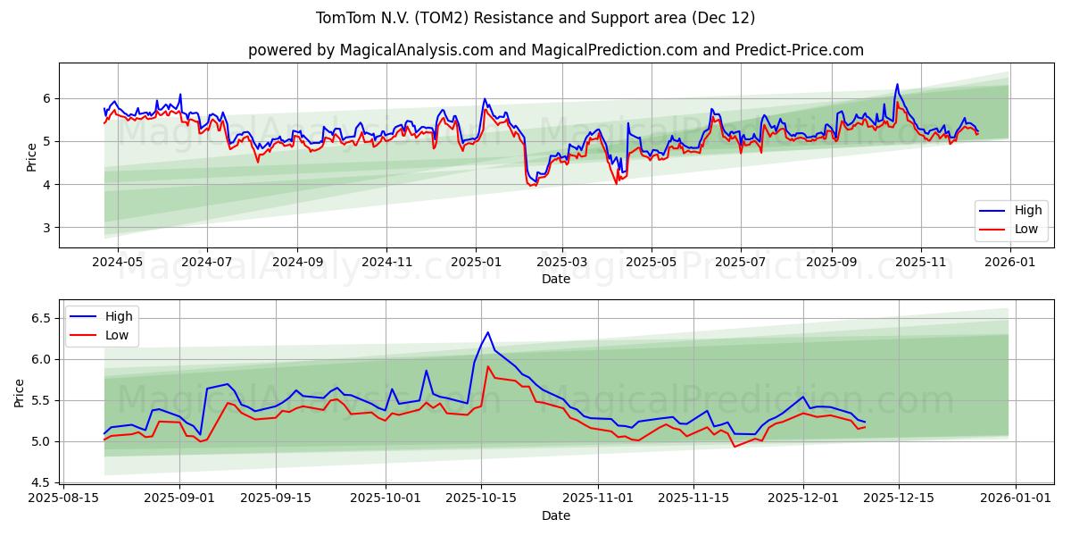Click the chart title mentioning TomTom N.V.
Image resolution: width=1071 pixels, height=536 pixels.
click(x=535, y=18)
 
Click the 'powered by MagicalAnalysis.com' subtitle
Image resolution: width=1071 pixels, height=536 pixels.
click(x=555, y=50)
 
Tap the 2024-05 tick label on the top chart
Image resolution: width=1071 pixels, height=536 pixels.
click(x=117, y=262)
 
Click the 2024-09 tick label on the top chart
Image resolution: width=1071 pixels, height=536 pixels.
click(x=296, y=262)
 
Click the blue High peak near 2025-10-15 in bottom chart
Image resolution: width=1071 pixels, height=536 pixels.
click(x=487, y=332)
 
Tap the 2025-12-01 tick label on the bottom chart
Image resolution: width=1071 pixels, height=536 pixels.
click(x=802, y=498)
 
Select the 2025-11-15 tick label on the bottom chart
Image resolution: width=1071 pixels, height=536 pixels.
click(x=697, y=498)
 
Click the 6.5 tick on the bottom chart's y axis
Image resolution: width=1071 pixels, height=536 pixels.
click(x=41, y=318)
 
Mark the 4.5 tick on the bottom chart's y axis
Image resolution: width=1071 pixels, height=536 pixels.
click(x=41, y=482)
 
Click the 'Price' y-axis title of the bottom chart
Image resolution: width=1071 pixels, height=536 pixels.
click(x=21, y=392)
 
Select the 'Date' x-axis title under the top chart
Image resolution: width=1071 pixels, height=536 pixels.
click(x=555, y=279)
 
